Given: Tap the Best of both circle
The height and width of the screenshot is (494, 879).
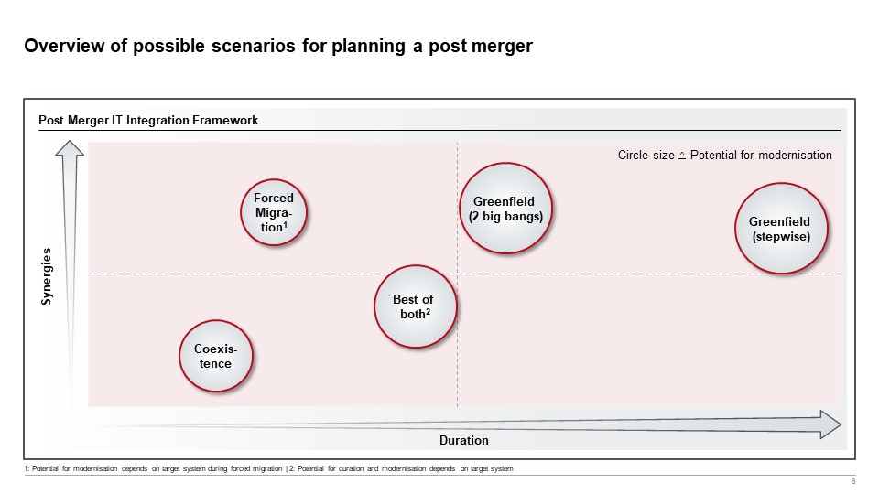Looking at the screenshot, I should tap(413, 306).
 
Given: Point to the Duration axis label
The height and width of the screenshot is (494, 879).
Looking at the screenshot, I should tap(464, 441).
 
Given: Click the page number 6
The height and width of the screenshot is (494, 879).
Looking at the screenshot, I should tap(853, 482).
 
